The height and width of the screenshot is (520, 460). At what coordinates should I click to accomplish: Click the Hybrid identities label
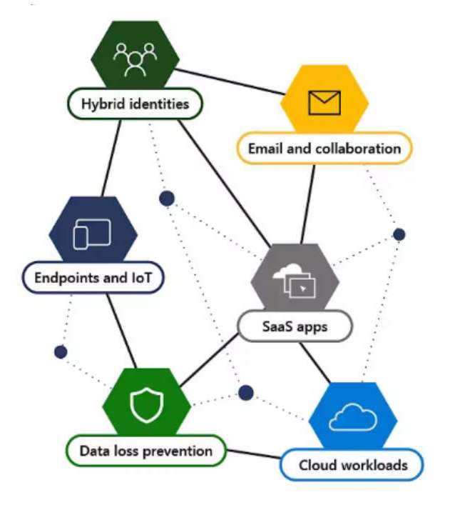pyautogui.click(x=135, y=104)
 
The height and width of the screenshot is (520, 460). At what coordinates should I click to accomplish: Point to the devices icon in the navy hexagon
pyautogui.click(x=93, y=232)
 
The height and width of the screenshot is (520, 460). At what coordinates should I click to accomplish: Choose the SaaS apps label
pyautogui.click(x=294, y=327)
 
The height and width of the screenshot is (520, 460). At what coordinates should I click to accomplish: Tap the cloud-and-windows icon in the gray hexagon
pyautogui.click(x=294, y=280)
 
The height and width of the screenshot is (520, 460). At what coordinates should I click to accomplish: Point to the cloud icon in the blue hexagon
pyautogui.click(x=352, y=418)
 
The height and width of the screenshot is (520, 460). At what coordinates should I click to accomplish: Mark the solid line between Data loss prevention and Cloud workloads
pyautogui.click(x=253, y=455)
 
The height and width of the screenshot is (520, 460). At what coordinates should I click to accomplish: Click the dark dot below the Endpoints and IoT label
pyautogui.click(x=61, y=352)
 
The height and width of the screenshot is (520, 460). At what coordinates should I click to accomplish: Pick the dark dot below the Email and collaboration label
pyautogui.click(x=399, y=234)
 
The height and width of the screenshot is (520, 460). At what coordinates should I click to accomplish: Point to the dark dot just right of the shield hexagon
pyautogui.click(x=246, y=392)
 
